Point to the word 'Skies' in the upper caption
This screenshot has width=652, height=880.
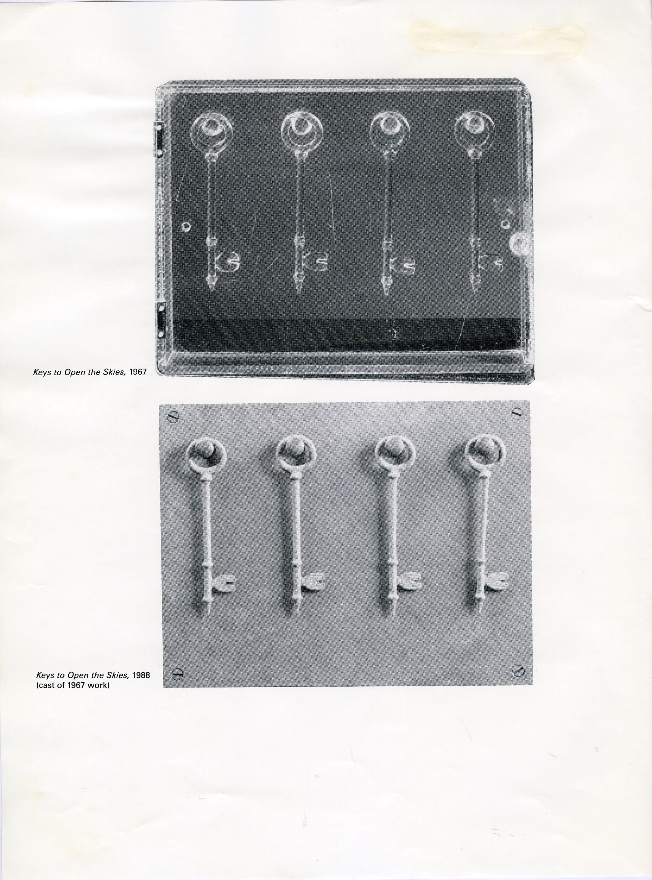click(x=113, y=373)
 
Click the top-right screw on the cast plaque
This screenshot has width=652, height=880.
click(x=517, y=413)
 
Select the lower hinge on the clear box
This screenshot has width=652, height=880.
click(x=162, y=321)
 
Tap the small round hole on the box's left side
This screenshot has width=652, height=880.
click(x=185, y=226)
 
